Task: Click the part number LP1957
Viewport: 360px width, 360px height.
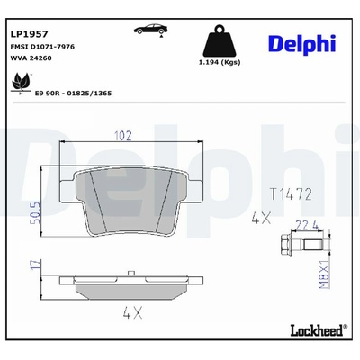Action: pyautogui.click(x=29, y=34)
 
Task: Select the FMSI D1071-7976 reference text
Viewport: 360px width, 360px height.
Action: pyautogui.click(x=42, y=47)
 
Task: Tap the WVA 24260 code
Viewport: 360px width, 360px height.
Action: pyautogui.click(x=31, y=58)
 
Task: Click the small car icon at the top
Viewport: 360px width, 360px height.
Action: pyautogui.click(x=151, y=30)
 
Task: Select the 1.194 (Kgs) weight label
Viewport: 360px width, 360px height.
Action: pyautogui.click(x=220, y=62)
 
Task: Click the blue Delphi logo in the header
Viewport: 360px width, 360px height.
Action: pyautogui.click(x=301, y=45)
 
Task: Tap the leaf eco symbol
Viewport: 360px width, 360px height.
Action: pyautogui.click(x=21, y=83)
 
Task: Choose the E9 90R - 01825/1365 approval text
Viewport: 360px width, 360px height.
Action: pyautogui.click(x=73, y=94)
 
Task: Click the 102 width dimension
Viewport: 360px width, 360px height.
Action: pyautogui.click(x=123, y=136)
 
